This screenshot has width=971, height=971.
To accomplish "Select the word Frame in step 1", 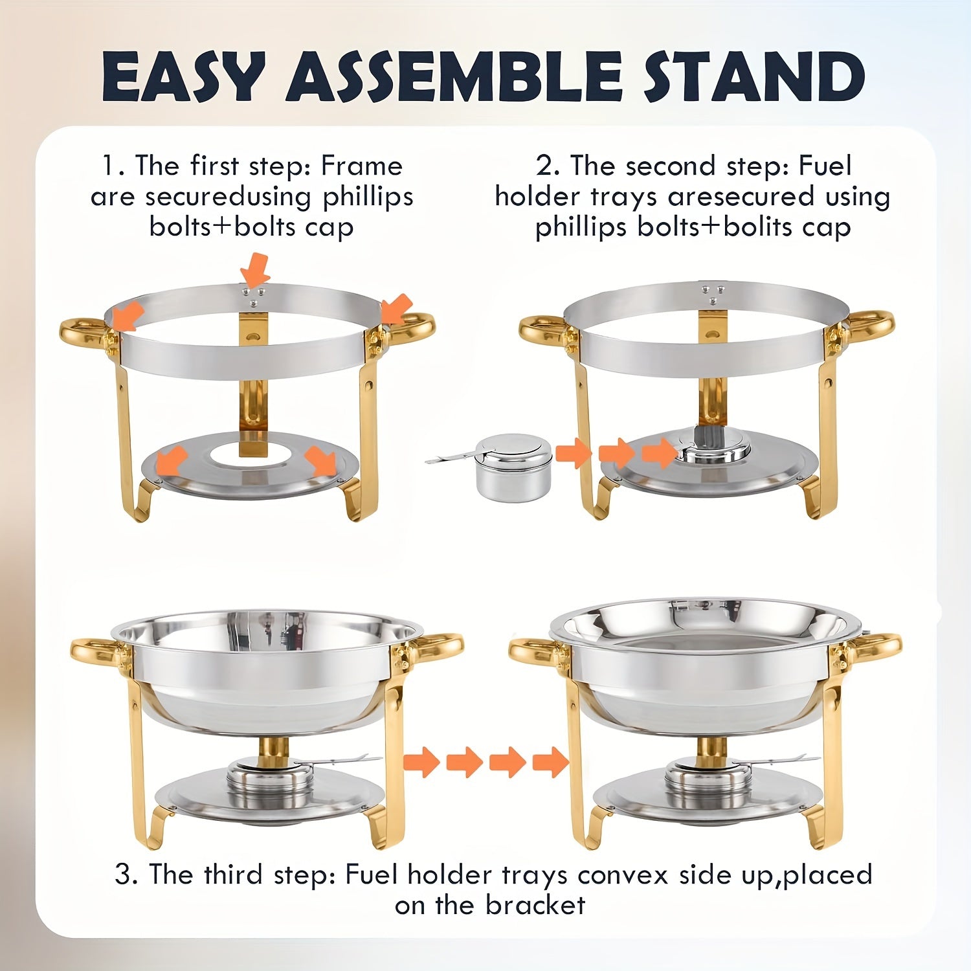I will tap(362, 166).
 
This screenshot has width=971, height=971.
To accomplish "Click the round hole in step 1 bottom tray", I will tap(250, 454).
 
